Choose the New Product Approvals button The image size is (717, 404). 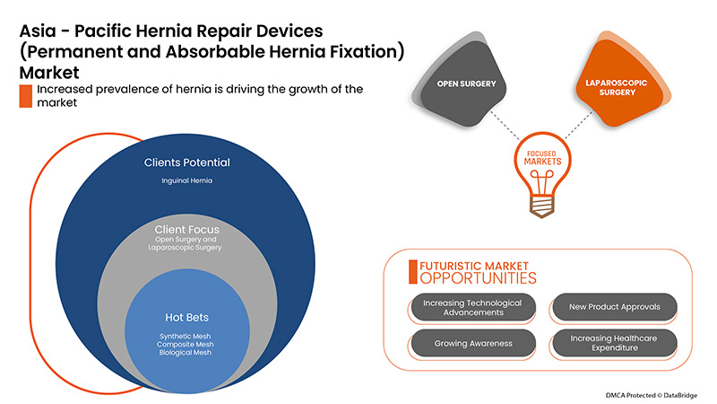614,307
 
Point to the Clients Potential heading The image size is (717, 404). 187,163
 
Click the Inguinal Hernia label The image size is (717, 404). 187,181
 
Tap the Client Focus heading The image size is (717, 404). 187,229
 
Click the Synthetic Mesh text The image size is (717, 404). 187,335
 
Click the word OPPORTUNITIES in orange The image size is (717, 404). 472,279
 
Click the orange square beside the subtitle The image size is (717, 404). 25,96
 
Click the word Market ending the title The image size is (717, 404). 48,71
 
